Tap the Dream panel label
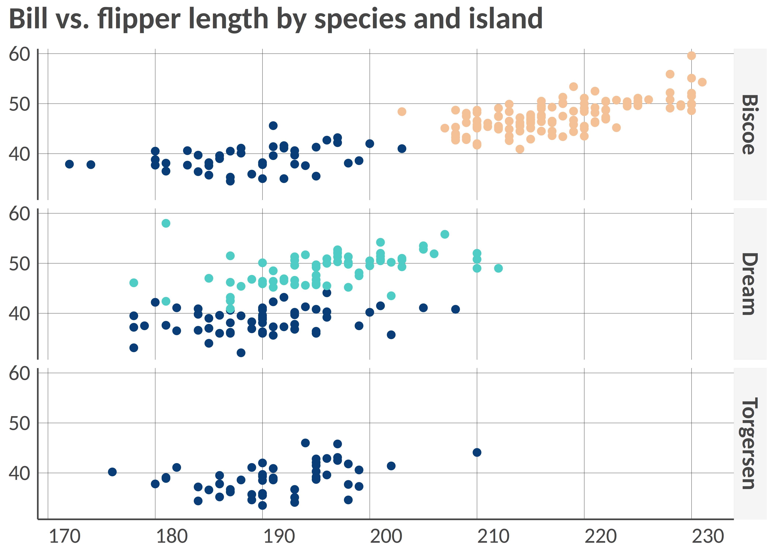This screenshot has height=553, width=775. [x=750, y=284]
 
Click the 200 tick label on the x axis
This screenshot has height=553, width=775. [x=386, y=536]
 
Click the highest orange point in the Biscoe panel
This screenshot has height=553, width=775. [x=691, y=55]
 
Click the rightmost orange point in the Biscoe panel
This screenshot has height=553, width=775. [x=702, y=82]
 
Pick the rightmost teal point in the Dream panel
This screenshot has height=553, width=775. [x=498, y=268]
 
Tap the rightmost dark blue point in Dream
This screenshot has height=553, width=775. [x=455, y=309]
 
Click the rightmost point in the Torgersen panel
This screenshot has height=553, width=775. [x=477, y=452]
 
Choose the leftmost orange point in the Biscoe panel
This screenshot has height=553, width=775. [x=402, y=112]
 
